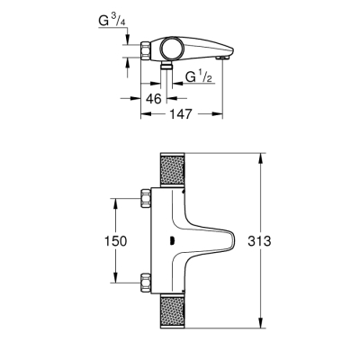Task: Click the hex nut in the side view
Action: click(146, 50)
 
